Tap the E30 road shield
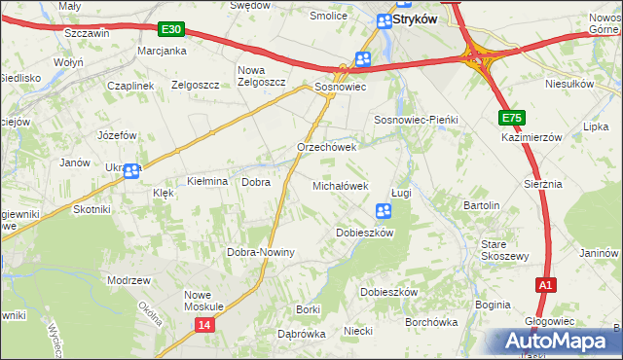pyautogui.click(x=171, y=32)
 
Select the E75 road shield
pyautogui.click(x=513, y=119)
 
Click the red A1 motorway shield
pyautogui.click(x=546, y=285)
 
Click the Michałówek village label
pyautogui.click(x=340, y=185)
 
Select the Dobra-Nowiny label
pyautogui.click(x=260, y=252)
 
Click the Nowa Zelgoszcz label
pyautogui.click(x=262, y=76)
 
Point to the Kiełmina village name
pyautogui.click(x=206, y=182)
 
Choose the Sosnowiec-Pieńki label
pyautogui.click(x=416, y=119)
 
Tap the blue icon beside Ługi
pyautogui.click(x=384, y=210)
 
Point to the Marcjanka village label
pyautogui.click(x=162, y=51)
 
